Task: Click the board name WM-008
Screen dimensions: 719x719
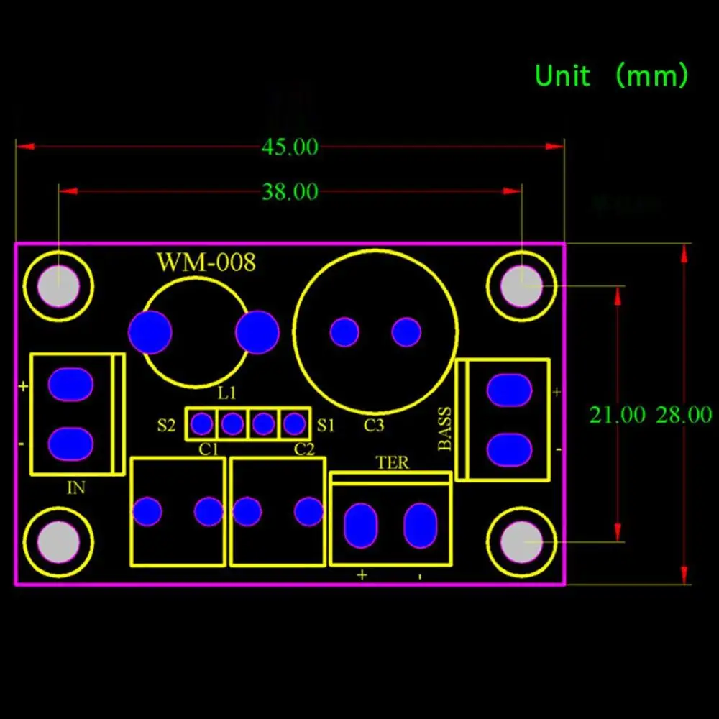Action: pyautogui.click(x=206, y=262)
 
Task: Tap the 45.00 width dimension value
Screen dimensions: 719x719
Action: pyautogui.click(x=290, y=147)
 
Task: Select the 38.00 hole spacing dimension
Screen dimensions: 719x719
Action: pyautogui.click(x=290, y=192)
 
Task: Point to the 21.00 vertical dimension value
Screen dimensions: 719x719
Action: pyautogui.click(x=617, y=415)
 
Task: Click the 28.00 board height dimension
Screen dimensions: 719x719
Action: pyautogui.click(x=683, y=415)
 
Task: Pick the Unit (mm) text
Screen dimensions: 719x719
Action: pyautogui.click(x=612, y=75)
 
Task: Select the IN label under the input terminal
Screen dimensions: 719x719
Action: pyautogui.click(x=75, y=488)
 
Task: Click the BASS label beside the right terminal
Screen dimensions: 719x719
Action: pyautogui.click(x=446, y=429)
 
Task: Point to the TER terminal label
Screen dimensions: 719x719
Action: pyautogui.click(x=392, y=463)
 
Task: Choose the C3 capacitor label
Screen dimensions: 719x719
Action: pyautogui.click(x=373, y=426)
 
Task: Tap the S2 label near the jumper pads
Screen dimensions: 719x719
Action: pyautogui.click(x=166, y=425)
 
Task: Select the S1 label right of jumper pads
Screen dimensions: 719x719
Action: pyautogui.click(x=326, y=425)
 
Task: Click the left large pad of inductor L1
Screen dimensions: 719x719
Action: pyautogui.click(x=150, y=332)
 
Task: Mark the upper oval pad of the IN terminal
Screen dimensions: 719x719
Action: pyautogui.click(x=70, y=385)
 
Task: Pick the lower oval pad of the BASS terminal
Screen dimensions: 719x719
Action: pyautogui.click(x=509, y=449)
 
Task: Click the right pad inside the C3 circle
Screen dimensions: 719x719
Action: pyautogui.click(x=406, y=332)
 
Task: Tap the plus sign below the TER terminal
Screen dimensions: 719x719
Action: pyautogui.click(x=362, y=575)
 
